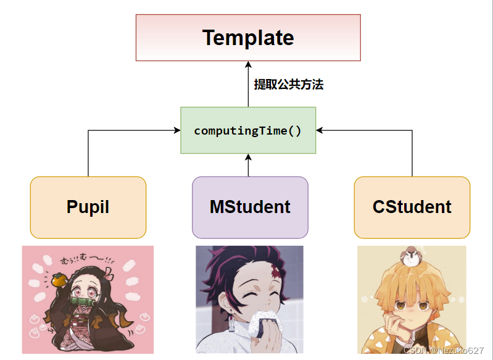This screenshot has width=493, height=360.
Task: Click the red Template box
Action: (248, 38)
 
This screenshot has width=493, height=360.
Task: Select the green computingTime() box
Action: (248, 130)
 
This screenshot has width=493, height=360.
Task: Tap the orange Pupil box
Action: (88, 207)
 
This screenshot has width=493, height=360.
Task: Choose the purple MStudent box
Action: (250, 207)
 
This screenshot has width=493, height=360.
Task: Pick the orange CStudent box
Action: (412, 207)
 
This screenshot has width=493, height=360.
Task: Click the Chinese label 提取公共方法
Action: (289, 85)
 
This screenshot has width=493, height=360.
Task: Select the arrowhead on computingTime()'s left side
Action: (176, 130)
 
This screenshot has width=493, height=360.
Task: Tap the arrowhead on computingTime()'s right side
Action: (320, 130)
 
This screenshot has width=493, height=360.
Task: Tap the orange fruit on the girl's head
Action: (59, 280)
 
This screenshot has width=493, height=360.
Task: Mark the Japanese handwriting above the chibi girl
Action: (83, 260)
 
